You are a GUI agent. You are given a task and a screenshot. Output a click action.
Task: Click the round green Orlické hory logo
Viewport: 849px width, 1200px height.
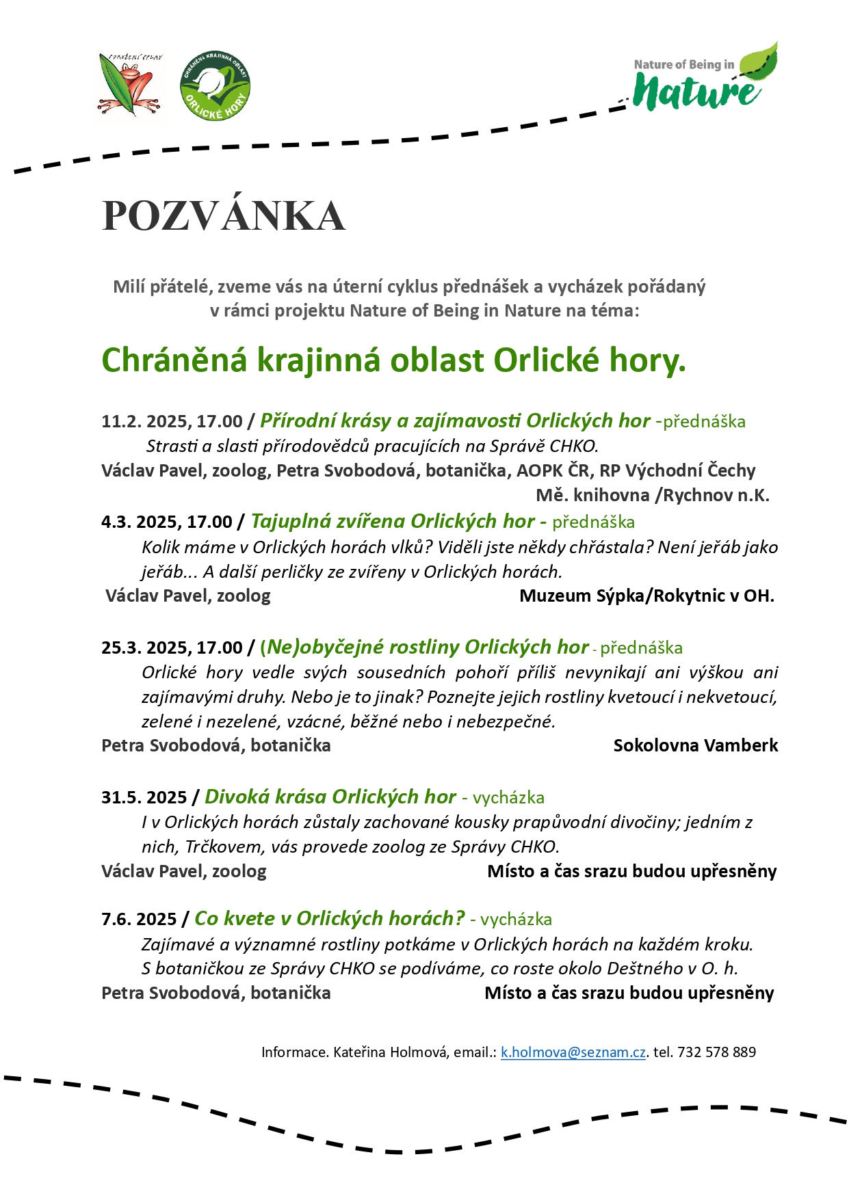[215, 86]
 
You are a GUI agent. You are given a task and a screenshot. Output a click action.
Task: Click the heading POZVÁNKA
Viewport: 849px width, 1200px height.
[224, 216]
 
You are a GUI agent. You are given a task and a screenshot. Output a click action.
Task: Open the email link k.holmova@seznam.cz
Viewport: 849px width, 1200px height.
[573, 1052]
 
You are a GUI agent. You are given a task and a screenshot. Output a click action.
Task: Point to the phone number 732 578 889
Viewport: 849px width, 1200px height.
[716, 1052]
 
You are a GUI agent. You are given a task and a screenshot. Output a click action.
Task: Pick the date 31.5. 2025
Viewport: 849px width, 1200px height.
[144, 797]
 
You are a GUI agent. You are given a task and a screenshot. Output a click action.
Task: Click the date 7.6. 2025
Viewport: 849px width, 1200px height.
[139, 919]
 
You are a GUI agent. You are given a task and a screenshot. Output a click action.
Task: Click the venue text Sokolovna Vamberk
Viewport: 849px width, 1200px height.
[695, 745]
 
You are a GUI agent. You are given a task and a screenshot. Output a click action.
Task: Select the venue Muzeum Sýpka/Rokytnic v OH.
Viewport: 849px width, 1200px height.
[646, 596]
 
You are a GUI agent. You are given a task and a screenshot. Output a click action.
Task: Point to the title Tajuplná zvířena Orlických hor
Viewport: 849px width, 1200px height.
[393, 522]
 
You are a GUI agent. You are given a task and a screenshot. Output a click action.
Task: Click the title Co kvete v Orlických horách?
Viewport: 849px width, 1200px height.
[330, 918]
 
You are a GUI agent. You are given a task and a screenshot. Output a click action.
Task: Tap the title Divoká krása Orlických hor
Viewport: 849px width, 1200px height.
[330, 797]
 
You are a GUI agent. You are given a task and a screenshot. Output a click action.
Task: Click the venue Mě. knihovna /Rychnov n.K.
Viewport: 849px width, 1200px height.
[653, 495]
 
